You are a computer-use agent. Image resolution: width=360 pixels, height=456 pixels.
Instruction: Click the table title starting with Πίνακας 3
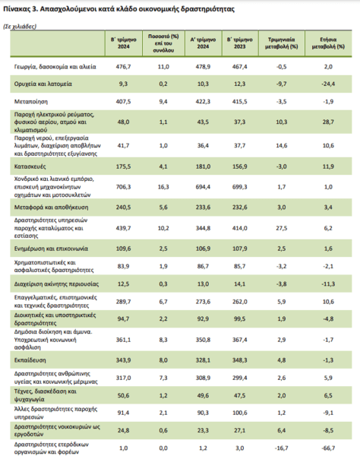(118, 9)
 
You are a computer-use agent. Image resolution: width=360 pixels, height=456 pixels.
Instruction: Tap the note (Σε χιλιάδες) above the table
(20, 27)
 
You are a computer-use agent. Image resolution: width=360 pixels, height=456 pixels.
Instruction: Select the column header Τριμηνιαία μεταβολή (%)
(281, 43)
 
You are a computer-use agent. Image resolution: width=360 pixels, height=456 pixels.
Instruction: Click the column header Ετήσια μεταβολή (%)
(328, 43)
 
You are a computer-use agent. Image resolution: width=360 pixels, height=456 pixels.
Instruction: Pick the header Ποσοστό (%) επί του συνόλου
(163, 43)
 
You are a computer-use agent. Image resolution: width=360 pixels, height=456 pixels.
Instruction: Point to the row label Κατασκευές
(30, 166)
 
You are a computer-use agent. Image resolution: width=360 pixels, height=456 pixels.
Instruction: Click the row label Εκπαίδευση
(30, 360)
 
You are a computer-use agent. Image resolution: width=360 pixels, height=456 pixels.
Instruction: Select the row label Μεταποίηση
(31, 102)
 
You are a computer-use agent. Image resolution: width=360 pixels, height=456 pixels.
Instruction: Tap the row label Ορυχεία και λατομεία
(43, 84)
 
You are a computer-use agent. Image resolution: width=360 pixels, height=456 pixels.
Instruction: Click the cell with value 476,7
(124, 67)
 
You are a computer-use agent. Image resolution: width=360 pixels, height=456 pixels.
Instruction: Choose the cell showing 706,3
(124, 187)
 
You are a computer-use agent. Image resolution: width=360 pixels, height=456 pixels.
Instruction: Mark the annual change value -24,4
(328, 84)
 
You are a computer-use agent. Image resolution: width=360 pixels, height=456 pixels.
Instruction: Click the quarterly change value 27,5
(282, 228)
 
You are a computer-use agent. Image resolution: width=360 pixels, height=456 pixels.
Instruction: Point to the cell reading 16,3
(163, 187)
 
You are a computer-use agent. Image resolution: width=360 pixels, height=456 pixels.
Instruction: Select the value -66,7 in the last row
(328, 448)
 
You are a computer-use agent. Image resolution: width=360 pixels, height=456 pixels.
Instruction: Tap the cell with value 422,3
(203, 102)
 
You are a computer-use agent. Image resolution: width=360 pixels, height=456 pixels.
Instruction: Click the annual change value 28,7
(328, 122)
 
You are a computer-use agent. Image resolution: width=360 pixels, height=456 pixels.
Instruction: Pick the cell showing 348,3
(240, 360)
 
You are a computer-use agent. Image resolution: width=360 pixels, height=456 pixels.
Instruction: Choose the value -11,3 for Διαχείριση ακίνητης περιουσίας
(328, 283)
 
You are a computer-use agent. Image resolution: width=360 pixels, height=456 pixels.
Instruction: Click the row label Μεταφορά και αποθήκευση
(51, 207)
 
